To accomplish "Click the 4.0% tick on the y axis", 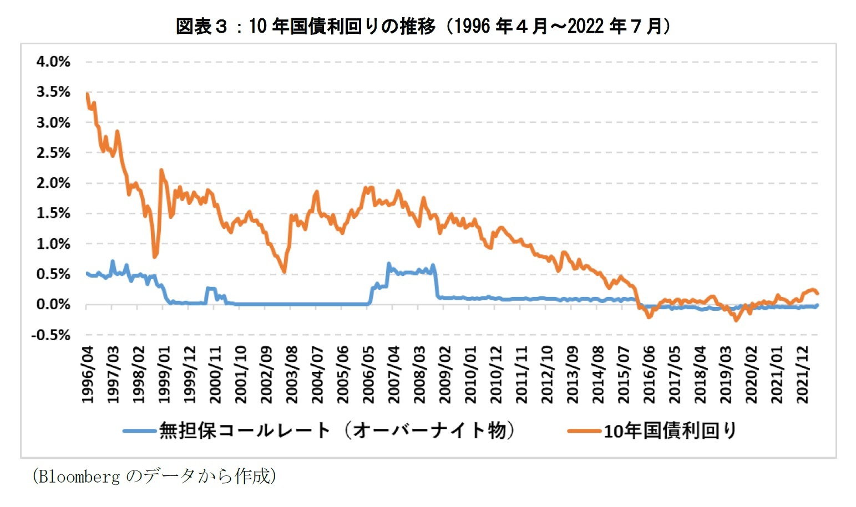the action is [53, 62].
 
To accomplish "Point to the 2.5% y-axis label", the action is [53, 153].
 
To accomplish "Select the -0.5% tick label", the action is [50, 335].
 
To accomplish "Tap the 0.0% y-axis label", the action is [53, 305].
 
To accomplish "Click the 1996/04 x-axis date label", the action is [88, 375].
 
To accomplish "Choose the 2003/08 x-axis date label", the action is [292, 375].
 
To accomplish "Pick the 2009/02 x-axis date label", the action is [445, 375].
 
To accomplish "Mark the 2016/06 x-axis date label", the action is [649, 375].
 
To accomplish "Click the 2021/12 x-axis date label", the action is [802, 375].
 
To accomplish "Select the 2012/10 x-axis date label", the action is [547, 375].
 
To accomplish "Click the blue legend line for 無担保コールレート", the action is [139, 431].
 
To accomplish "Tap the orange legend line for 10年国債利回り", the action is [584, 431].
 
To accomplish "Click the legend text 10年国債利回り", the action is [670, 431].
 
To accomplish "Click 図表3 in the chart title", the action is [201, 26].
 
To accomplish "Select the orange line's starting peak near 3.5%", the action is [88, 94].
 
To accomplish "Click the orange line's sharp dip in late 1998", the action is [155, 257].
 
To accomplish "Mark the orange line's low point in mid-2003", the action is [284, 272].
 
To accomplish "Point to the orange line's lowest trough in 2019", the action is [736, 320].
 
